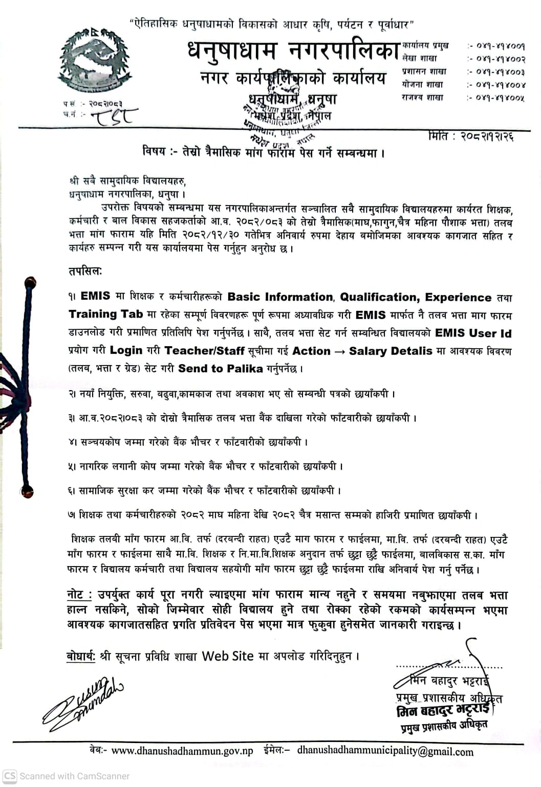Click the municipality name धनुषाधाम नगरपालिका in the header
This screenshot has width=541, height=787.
point(293,51)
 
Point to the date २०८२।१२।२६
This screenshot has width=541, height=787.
point(486,137)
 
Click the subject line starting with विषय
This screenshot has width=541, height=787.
point(264,152)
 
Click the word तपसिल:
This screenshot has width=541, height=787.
point(85,271)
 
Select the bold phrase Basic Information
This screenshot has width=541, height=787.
point(280,297)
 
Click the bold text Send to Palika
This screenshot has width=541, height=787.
point(220,368)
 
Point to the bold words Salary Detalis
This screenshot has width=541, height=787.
point(391,351)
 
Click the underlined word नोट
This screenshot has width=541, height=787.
point(76,595)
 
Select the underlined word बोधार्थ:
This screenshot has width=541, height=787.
point(81,656)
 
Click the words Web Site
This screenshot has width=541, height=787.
point(227,656)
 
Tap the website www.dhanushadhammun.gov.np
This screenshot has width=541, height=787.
point(182,751)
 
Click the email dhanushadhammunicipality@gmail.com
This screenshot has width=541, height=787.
point(385,751)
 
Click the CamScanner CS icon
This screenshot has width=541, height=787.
point(10,776)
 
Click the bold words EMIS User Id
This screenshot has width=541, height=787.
point(473,333)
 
